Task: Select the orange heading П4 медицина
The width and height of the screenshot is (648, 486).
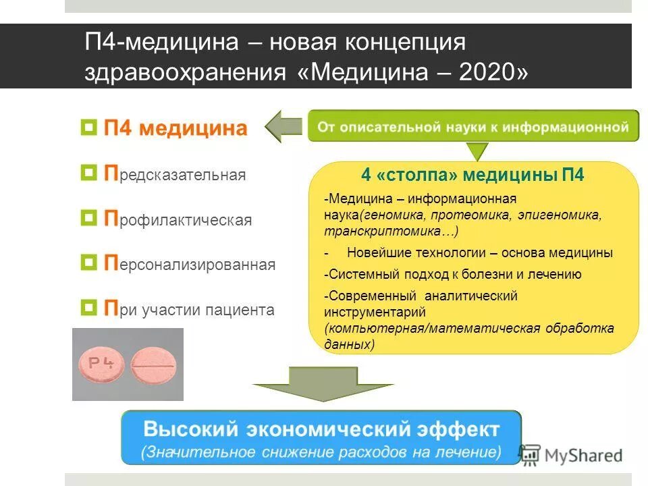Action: pyautogui.click(x=175, y=128)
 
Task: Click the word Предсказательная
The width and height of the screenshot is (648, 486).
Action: pyautogui.click(x=175, y=175)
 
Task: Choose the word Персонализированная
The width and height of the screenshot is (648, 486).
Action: pyautogui.click(x=189, y=264)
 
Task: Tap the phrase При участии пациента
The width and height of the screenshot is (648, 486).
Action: pyautogui.click(x=189, y=309)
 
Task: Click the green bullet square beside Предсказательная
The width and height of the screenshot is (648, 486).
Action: pyautogui.click(x=88, y=174)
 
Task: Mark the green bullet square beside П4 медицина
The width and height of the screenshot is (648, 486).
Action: pyautogui.click(x=88, y=128)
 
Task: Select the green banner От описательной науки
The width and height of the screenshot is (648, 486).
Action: pyautogui.click(x=473, y=126)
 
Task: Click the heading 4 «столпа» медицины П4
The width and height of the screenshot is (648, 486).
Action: pyautogui.click(x=473, y=175)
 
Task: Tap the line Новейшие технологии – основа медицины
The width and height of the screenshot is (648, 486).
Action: pyautogui.click(x=479, y=253)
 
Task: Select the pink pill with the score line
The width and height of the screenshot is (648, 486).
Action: pyautogui.click(x=153, y=365)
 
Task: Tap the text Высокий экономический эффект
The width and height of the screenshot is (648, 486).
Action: pyautogui.click(x=321, y=429)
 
